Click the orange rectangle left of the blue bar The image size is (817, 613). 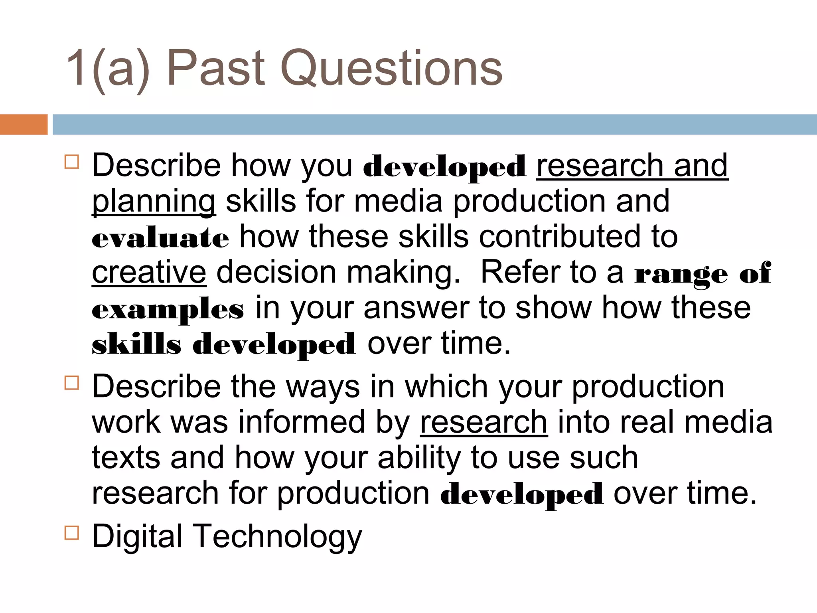[24, 125]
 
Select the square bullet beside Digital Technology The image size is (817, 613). [72, 533]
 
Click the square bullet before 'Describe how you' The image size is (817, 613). [72, 162]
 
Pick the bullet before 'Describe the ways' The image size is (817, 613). [72, 383]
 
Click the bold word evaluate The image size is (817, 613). [160, 238]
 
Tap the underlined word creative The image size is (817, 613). [149, 273]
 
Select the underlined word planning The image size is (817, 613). [154, 202]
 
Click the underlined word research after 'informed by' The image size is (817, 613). [483, 422]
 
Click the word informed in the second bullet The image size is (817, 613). [302, 422]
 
